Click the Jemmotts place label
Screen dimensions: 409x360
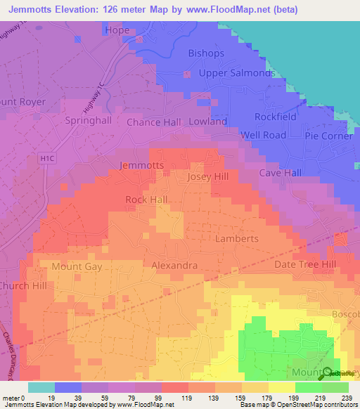(142, 166)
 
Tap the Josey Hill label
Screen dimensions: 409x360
(209, 177)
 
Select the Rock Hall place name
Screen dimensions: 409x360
(146, 200)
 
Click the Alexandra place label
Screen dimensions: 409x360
(174, 266)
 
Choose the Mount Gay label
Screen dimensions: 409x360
(76, 266)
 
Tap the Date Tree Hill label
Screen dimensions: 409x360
(305, 264)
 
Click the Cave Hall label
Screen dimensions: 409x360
(280, 173)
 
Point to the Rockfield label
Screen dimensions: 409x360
(276, 117)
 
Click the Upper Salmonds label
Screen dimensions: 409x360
(236, 73)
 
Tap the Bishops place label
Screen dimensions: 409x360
(205, 53)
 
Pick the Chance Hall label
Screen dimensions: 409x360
(153, 122)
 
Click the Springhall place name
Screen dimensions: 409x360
(88, 121)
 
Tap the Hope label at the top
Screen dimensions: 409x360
(117, 30)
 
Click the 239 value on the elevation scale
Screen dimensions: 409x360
(345, 398)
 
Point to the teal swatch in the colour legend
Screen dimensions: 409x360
(41, 387)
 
